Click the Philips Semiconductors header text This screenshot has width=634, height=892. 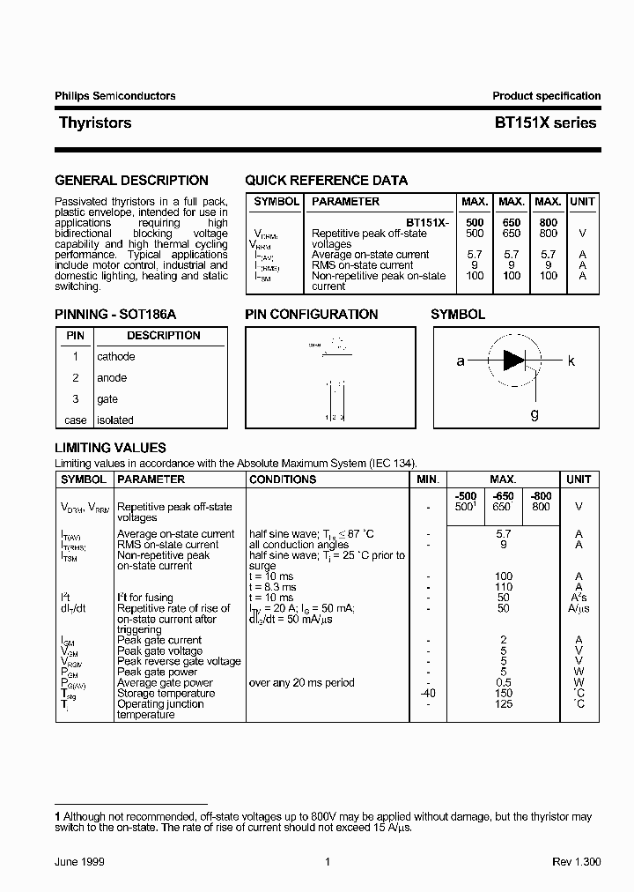(x=115, y=96)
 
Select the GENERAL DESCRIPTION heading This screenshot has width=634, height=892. (x=131, y=181)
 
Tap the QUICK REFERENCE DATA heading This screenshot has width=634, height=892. (x=326, y=181)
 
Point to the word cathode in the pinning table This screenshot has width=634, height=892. (x=116, y=357)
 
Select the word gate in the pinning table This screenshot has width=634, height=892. (x=107, y=399)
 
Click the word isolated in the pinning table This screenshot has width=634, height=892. (x=115, y=420)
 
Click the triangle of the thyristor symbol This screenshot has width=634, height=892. (x=513, y=361)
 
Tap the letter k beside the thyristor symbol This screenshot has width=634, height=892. (x=571, y=361)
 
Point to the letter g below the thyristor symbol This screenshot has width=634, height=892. (x=534, y=413)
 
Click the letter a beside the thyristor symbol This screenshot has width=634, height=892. (x=460, y=361)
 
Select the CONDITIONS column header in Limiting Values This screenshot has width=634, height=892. (x=283, y=479)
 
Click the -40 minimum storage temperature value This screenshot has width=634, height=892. (x=426, y=693)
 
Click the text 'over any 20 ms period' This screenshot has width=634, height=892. (x=302, y=682)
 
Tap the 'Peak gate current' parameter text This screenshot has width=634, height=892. (x=159, y=640)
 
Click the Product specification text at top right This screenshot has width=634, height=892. (x=546, y=96)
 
